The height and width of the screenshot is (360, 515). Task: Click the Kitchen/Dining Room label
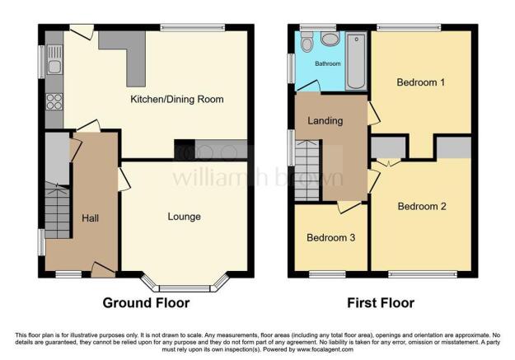click(177, 100)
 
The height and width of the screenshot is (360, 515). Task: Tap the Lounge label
click(184, 217)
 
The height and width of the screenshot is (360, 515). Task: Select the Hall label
click(90, 217)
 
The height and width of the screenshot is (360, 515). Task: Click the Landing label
click(325, 122)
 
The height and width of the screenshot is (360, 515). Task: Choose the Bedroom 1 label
click(420, 82)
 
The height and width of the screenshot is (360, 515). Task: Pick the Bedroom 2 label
click(421, 206)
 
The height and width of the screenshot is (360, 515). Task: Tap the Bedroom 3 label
click(330, 238)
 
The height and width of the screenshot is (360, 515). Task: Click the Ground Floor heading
click(146, 303)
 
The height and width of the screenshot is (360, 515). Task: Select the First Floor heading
click(380, 303)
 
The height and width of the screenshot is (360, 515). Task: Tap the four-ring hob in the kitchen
click(54, 102)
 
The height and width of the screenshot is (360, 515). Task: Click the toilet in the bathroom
click(307, 44)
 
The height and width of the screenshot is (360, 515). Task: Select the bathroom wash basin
click(330, 39)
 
